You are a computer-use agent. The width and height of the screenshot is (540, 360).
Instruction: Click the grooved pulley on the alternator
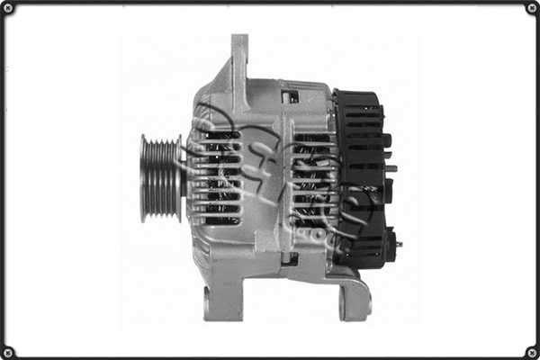[160, 177]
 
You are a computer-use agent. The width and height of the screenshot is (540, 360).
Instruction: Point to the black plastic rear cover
[360, 175]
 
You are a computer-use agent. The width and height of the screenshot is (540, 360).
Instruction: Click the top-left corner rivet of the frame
[8, 8]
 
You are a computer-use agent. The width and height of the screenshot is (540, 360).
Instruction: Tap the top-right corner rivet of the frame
[531, 8]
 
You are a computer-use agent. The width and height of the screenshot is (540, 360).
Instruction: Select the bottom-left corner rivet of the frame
[8, 351]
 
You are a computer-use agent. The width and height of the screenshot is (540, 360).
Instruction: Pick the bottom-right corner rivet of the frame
[531, 351]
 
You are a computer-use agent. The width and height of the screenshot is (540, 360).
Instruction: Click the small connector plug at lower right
[391, 242]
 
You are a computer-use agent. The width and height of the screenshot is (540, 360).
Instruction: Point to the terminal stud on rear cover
[393, 168]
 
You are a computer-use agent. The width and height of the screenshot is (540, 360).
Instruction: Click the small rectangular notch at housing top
[289, 95]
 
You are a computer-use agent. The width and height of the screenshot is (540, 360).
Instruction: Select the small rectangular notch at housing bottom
[289, 259]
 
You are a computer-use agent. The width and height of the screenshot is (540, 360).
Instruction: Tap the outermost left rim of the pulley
[143, 177]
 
